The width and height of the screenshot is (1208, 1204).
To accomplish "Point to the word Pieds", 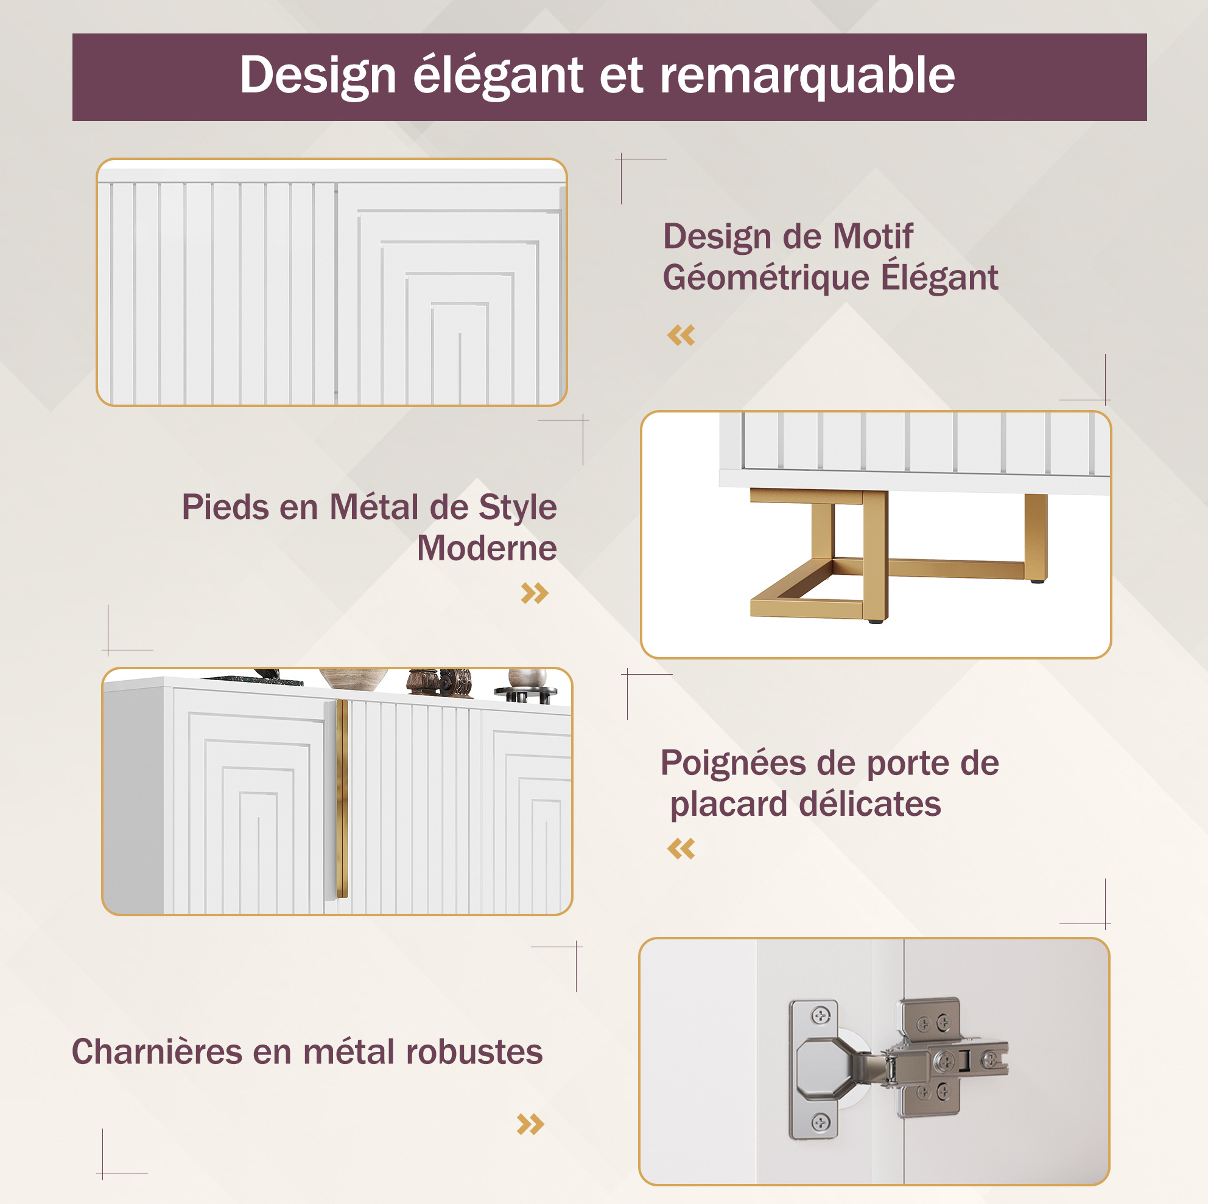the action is [226, 507].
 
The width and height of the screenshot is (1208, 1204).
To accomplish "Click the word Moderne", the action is [486, 548].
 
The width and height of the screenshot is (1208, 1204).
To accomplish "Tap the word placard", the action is [729, 805].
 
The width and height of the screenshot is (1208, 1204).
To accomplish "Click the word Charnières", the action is [157, 1051].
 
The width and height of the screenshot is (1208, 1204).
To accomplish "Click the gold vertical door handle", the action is [342, 798].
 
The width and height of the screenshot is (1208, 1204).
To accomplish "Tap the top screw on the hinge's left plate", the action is [820, 1016].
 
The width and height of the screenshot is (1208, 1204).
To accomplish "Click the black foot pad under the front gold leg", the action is [875, 622].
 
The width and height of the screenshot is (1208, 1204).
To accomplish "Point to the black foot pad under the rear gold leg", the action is [1038, 581].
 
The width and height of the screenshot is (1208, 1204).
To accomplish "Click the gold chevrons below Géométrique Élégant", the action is [681, 335].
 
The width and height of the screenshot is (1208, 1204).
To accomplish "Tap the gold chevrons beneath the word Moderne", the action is [535, 593].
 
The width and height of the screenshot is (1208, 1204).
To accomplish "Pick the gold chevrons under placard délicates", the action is [681, 849].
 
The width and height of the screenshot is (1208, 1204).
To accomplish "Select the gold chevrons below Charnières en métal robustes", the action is [530, 1124].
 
